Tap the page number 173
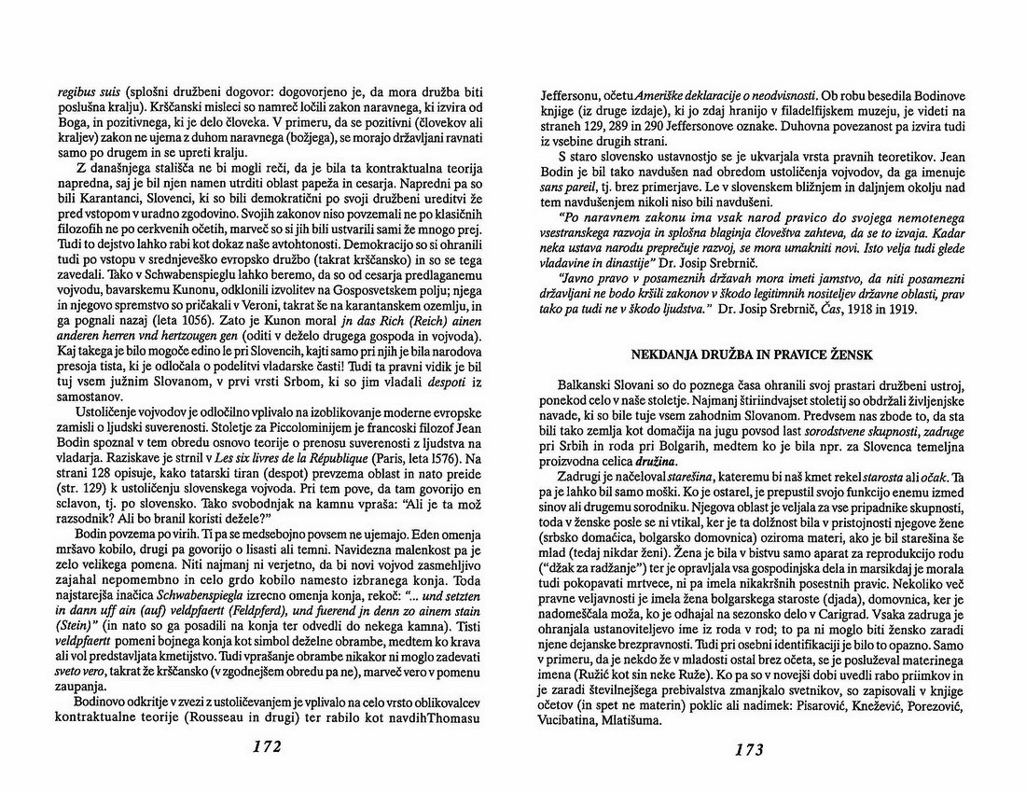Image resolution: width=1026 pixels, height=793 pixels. [x=749, y=748]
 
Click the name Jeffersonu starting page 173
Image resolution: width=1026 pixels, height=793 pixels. [x=575, y=93]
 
